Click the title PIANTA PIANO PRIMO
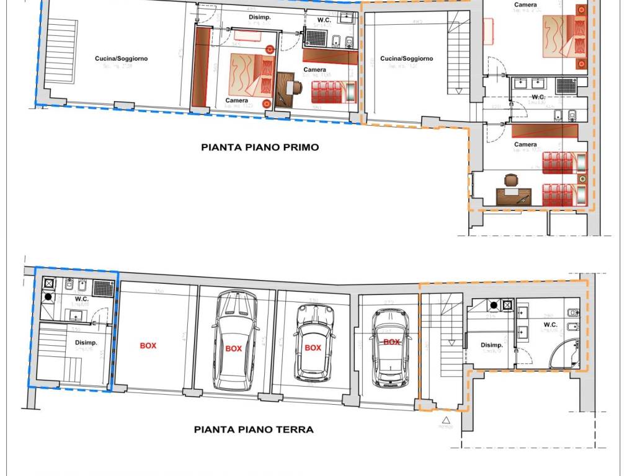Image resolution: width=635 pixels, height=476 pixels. tap(260, 148)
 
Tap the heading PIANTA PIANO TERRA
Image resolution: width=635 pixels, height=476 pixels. tap(254, 429)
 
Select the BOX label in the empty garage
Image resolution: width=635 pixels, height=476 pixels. tap(148, 346)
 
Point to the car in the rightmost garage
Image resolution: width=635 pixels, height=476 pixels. tap(390, 348)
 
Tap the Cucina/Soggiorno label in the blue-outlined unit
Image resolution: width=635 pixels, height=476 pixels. tap(121, 58)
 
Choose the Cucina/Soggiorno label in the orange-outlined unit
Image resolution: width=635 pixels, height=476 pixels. tap(406, 58)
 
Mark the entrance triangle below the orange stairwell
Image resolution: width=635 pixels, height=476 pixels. tap(445, 421)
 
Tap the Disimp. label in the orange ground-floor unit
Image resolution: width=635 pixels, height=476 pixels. tap(492, 345)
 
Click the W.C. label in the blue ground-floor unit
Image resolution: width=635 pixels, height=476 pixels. tap(82, 299)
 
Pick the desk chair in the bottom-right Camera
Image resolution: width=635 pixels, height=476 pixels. tap(510, 180)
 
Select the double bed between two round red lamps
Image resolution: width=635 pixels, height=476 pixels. tap(251, 74)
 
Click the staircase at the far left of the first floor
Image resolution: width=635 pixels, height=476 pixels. tap(60, 49)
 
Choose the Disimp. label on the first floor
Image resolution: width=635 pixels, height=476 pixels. tap(260, 17)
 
